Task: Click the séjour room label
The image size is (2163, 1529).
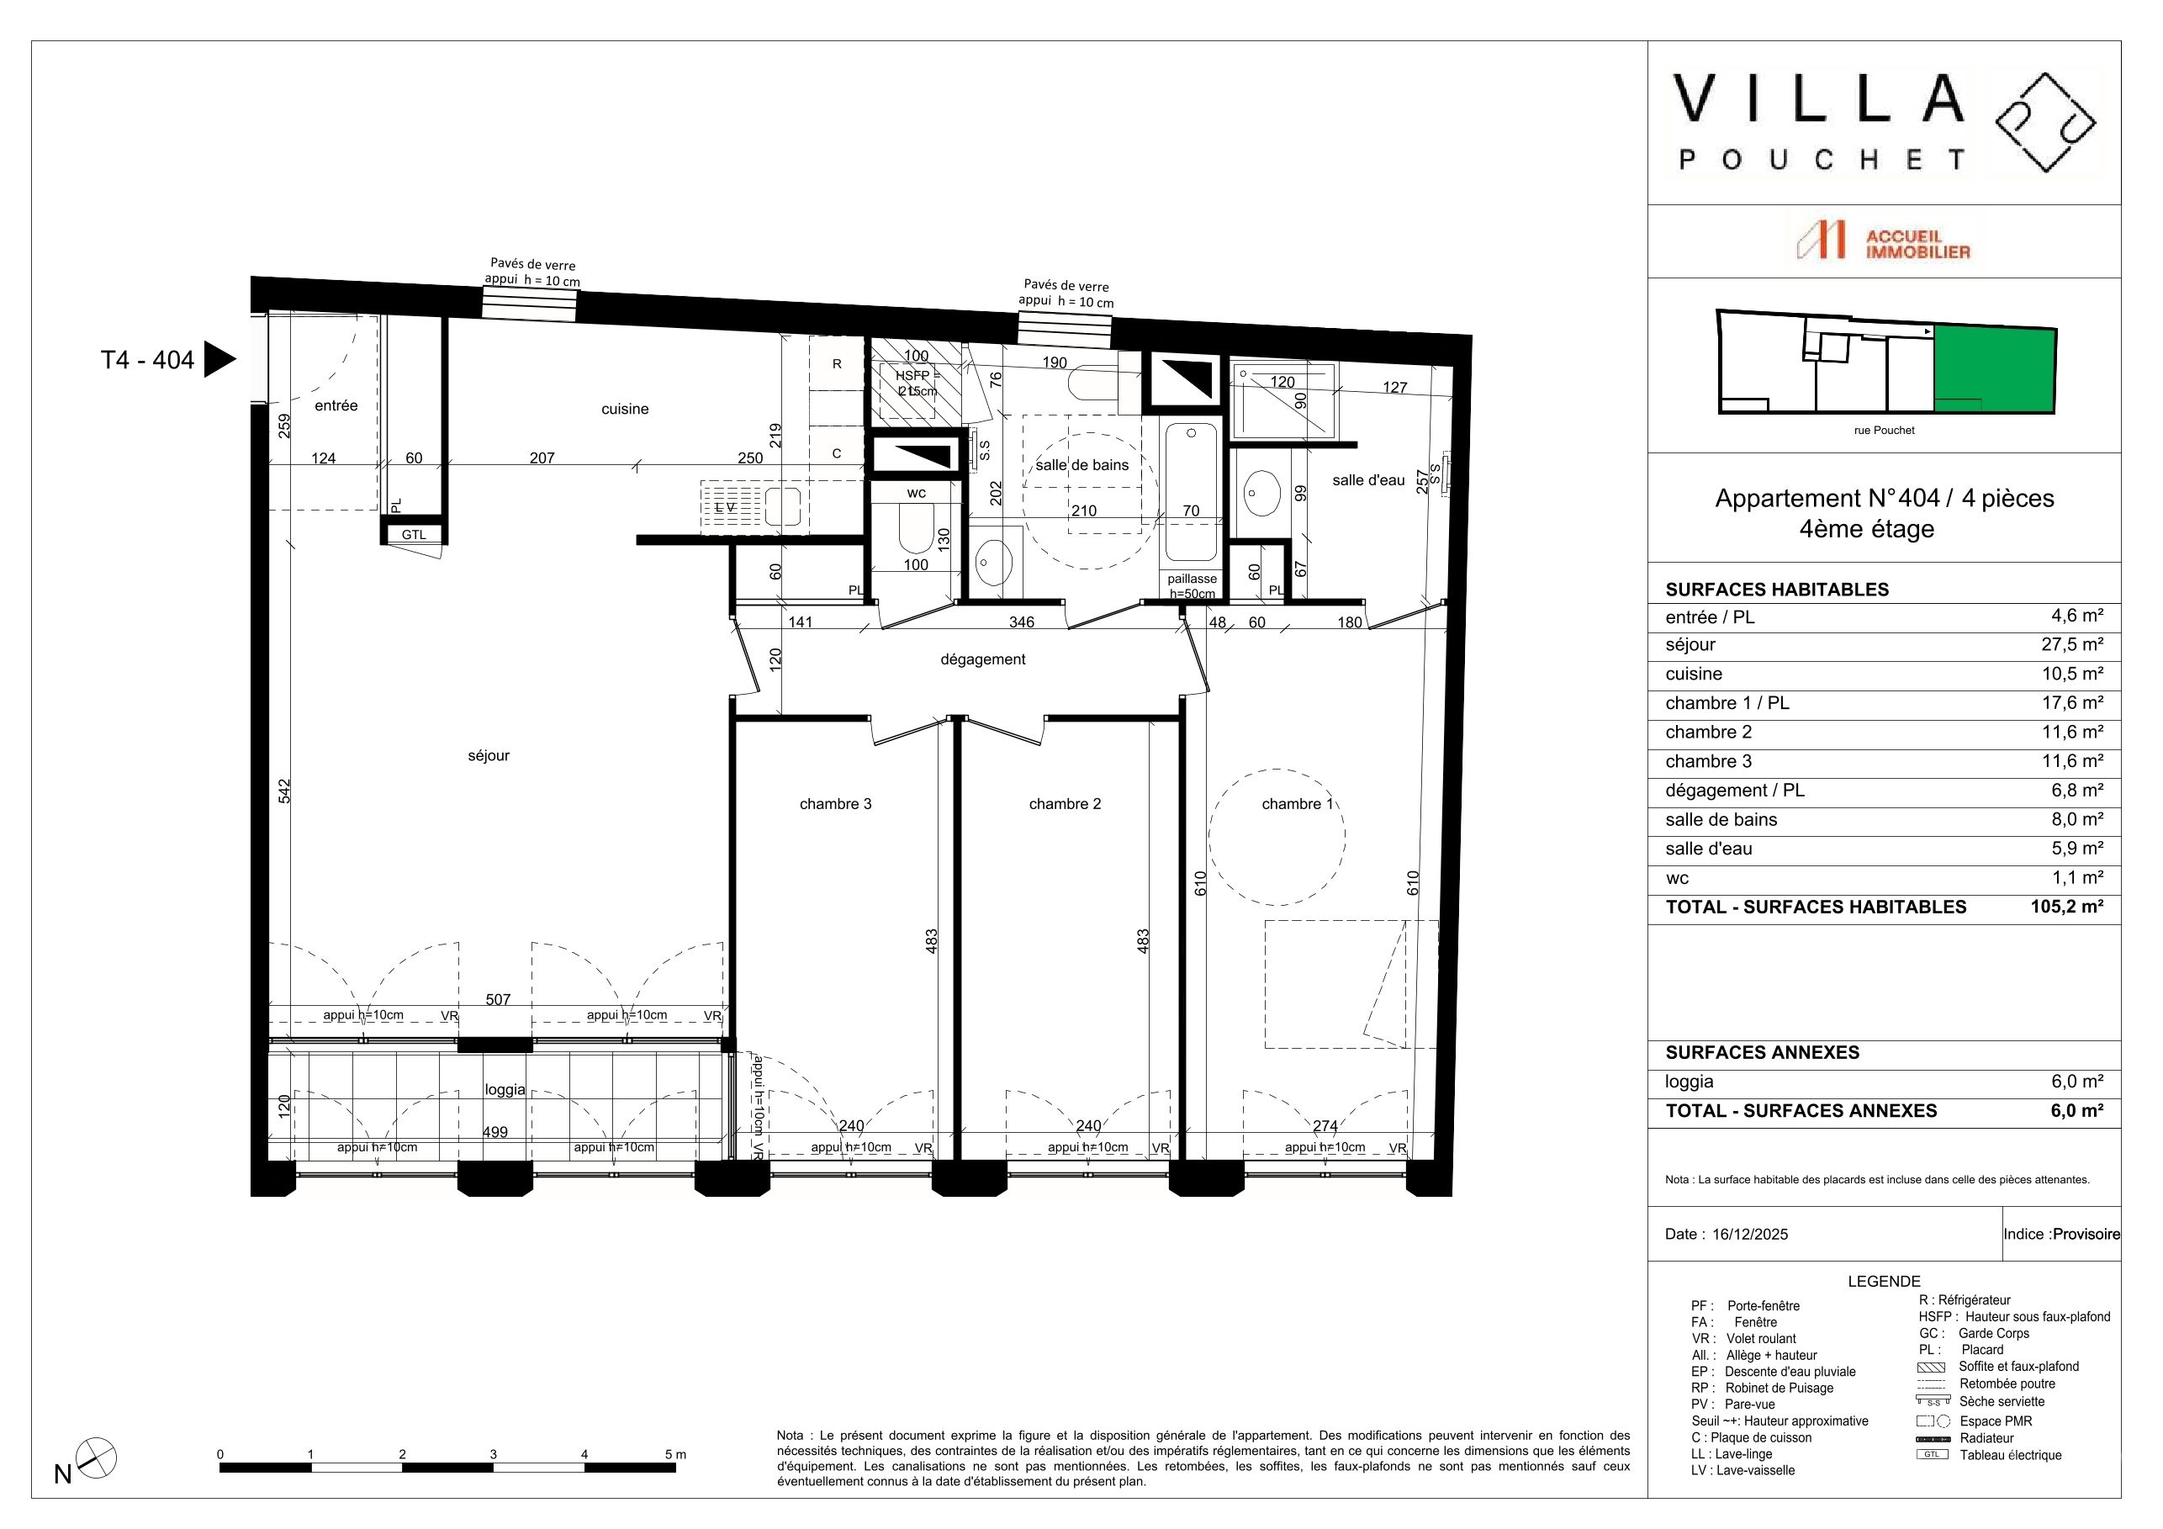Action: (488, 755)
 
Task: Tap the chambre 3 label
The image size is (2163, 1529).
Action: (836, 803)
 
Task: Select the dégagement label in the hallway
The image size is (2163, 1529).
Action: (982, 659)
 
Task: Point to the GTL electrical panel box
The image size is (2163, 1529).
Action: (414, 534)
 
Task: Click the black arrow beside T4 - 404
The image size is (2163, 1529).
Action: (219, 359)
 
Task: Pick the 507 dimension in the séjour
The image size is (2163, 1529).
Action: (499, 999)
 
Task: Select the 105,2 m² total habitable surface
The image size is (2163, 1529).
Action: (2067, 907)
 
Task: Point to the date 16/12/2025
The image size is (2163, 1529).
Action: (1749, 1234)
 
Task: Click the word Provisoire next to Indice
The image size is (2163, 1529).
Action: (2086, 1234)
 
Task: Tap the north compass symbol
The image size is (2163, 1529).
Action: (95, 1459)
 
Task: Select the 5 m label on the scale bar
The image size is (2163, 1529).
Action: (675, 1455)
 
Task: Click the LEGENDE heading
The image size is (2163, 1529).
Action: (1884, 1281)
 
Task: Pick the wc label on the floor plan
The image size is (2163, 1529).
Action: (917, 493)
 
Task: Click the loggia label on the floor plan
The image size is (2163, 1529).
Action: (505, 1090)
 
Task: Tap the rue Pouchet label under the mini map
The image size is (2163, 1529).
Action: (1884, 431)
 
